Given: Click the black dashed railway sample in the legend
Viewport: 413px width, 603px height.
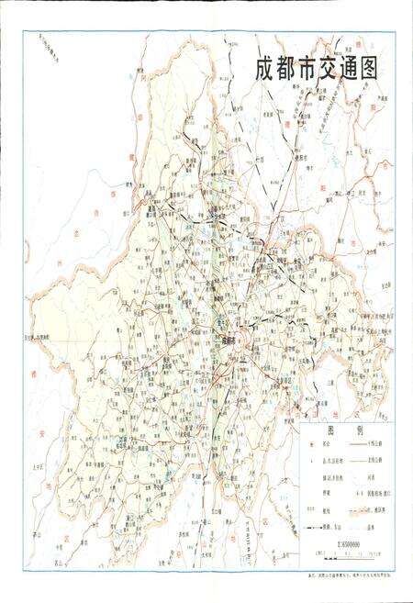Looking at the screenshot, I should tap(313, 528).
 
